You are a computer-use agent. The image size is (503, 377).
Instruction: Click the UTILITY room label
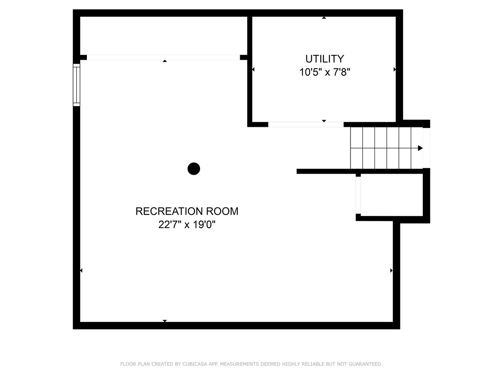point(325,59)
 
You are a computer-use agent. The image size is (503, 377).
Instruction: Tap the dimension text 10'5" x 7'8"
point(325,72)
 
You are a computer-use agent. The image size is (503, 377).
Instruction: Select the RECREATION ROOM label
point(187,211)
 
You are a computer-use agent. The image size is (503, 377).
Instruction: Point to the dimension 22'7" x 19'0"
point(187,225)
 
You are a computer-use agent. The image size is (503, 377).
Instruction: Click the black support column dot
point(194,169)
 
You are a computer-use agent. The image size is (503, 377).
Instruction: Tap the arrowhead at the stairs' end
point(420,148)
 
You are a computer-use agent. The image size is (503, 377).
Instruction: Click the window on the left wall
point(76,85)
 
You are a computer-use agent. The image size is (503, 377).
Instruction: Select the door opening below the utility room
point(306,124)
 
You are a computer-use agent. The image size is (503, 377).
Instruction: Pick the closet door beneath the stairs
point(358,195)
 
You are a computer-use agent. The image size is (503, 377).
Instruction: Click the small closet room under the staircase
point(392,195)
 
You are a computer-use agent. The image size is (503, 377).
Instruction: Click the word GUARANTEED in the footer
point(365,364)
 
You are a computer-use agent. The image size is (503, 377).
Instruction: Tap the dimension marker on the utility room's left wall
point(253,69)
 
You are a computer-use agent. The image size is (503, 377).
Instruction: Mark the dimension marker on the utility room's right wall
point(395,69)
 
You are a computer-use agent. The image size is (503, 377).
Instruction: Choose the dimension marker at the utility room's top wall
point(324,18)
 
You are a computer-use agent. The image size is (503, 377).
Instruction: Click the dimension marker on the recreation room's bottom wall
point(165,321)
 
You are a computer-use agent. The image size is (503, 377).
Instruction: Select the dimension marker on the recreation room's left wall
point(81,271)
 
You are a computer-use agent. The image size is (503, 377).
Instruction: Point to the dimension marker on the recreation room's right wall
point(391,271)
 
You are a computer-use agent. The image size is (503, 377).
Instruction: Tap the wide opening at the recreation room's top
point(163,57)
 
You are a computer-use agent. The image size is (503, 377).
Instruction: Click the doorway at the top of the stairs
point(426,148)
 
